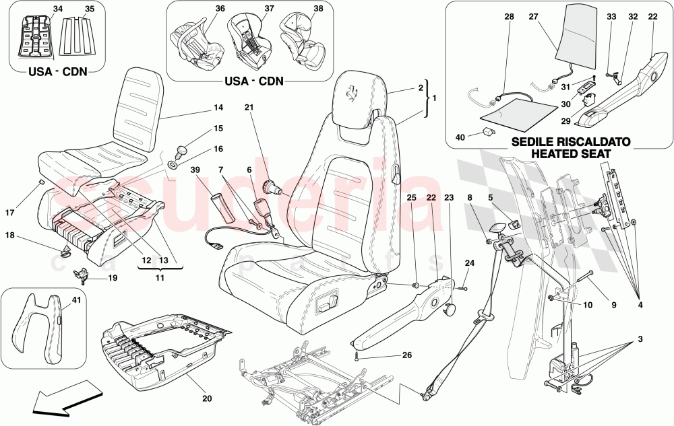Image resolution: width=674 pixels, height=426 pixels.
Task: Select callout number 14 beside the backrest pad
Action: point(218,106)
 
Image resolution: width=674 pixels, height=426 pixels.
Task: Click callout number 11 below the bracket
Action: point(160,277)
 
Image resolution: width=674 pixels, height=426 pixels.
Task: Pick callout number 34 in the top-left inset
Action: point(57,9)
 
